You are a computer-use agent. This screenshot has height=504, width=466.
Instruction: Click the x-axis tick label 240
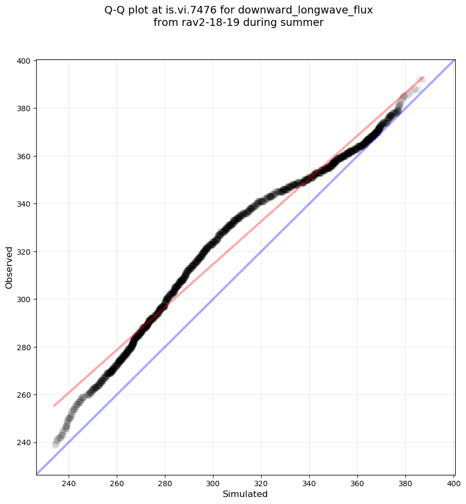pyautogui.click(x=69, y=482)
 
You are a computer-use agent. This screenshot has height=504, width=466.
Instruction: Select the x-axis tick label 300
pyautogui.click(x=213, y=482)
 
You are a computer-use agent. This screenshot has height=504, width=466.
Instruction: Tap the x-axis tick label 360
pyautogui.click(x=357, y=482)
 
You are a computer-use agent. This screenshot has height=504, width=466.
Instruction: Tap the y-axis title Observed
pyautogui.click(x=9, y=267)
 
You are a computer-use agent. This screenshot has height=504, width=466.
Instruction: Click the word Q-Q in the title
pyautogui.click(x=117, y=10)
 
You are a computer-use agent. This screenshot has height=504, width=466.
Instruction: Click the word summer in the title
pyautogui.click(x=303, y=23)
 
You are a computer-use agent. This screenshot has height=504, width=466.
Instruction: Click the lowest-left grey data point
pyautogui.click(x=55, y=445)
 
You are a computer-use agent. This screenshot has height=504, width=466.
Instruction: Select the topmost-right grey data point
pyautogui.click(x=422, y=80)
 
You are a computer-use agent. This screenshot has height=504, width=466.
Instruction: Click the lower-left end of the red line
pyautogui.click(x=54, y=405)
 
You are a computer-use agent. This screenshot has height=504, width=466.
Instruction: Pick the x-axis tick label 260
pyautogui.click(x=117, y=482)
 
